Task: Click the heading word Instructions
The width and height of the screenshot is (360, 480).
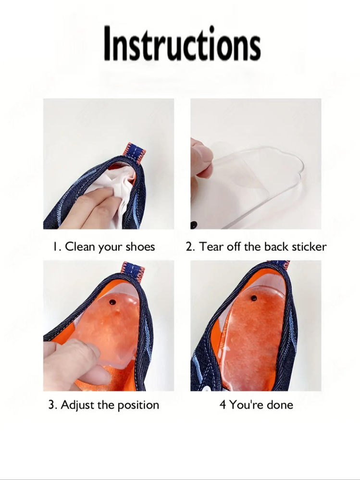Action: [x=182, y=43]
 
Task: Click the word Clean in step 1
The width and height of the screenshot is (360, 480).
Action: [x=80, y=246]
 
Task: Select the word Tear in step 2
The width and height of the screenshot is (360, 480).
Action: [x=211, y=246]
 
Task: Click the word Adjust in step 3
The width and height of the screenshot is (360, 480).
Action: [x=77, y=405]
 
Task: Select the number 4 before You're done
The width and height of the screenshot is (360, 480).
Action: [x=223, y=405]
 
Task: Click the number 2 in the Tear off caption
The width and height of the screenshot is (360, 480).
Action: [x=189, y=247]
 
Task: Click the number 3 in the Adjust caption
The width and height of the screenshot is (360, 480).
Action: [x=52, y=405]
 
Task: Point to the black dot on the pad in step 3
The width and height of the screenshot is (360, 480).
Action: [x=112, y=302]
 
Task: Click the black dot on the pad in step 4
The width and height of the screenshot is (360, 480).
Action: [x=254, y=298]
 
